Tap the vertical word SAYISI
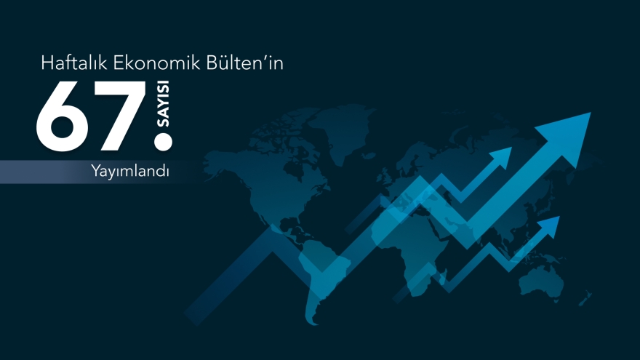click(x=164, y=106)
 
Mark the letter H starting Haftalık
click(x=47, y=64)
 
